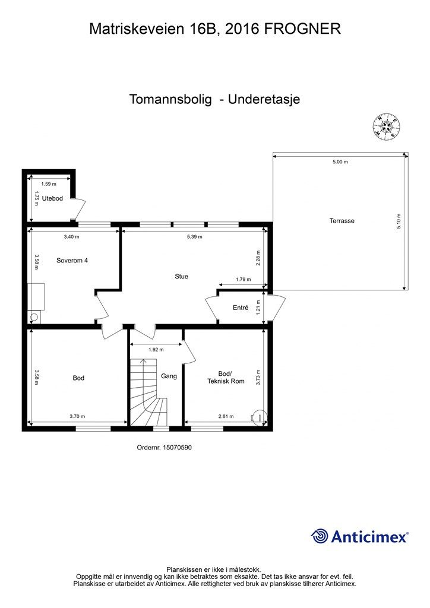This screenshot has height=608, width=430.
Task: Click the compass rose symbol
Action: (386, 126)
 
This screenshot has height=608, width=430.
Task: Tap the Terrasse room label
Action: (342, 221)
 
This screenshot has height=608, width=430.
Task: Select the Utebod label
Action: (52, 198)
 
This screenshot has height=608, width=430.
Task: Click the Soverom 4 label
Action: (72, 260)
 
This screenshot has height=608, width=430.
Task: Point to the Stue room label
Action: (181, 276)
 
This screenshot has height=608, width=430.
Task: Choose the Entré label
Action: (240, 308)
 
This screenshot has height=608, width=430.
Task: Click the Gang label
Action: (169, 376)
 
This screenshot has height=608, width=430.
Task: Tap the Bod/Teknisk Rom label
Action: (226, 378)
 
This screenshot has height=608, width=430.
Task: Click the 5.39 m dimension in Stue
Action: (194, 236)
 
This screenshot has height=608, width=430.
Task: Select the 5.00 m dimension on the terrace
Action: (340, 161)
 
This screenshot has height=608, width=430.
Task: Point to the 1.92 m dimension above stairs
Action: (156, 350)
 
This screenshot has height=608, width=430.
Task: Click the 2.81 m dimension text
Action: (225, 416)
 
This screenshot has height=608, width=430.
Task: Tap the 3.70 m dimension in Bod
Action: (77, 416)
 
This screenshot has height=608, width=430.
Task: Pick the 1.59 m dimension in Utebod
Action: (49, 184)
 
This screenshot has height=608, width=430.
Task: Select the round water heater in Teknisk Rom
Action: (258, 416)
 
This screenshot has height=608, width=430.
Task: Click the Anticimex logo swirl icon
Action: (320, 536)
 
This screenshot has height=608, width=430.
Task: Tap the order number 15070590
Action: (177, 448)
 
